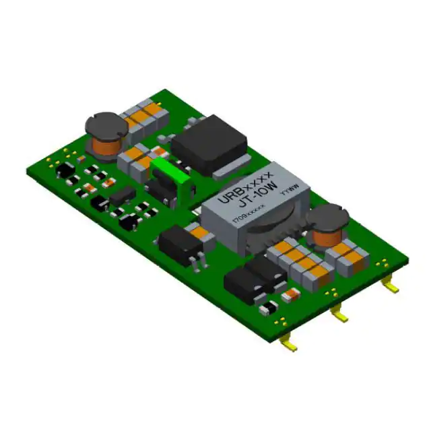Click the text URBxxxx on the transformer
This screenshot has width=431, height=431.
(x=248, y=187)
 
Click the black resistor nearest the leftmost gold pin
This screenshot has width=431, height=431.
(x=267, y=309)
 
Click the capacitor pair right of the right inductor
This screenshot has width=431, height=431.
(x=354, y=256)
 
